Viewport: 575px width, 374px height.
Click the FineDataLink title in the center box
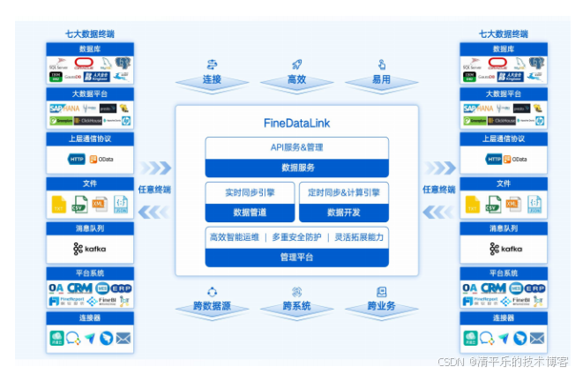pyautogui.click(x=296, y=123)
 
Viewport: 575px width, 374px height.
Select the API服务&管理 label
pyautogui.click(x=296, y=147)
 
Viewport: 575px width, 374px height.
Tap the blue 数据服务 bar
pyautogui.click(x=296, y=166)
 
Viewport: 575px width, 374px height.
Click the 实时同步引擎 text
pyautogui.click(x=250, y=192)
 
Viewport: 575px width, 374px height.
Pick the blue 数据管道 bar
pyautogui.click(x=250, y=212)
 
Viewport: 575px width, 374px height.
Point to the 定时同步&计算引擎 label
pyautogui.click(x=344, y=192)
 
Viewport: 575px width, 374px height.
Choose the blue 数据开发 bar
pyautogui.click(x=344, y=212)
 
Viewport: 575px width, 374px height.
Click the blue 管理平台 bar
pyautogui.click(x=296, y=258)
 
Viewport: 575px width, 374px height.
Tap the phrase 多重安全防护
pyautogui.click(x=296, y=237)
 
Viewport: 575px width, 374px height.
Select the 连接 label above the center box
pyautogui.click(x=212, y=80)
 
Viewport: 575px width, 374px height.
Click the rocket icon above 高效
pyautogui.click(x=297, y=64)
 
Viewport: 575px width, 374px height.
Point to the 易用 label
pyautogui.click(x=381, y=80)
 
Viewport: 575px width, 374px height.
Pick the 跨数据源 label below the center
pyautogui.click(x=212, y=306)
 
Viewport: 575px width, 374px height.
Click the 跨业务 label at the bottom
pyautogui.click(x=381, y=306)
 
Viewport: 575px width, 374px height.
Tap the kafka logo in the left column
pyautogui.click(x=89, y=249)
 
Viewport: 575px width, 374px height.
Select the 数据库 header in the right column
pyautogui.click(x=504, y=49)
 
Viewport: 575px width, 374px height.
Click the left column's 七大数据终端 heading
pyautogui.click(x=89, y=34)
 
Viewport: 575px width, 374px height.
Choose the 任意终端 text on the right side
pyautogui.click(x=438, y=189)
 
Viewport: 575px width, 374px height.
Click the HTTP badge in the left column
pyautogui.click(x=77, y=159)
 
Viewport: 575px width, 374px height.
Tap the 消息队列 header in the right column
pyautogui.click(x=504, y=228)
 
